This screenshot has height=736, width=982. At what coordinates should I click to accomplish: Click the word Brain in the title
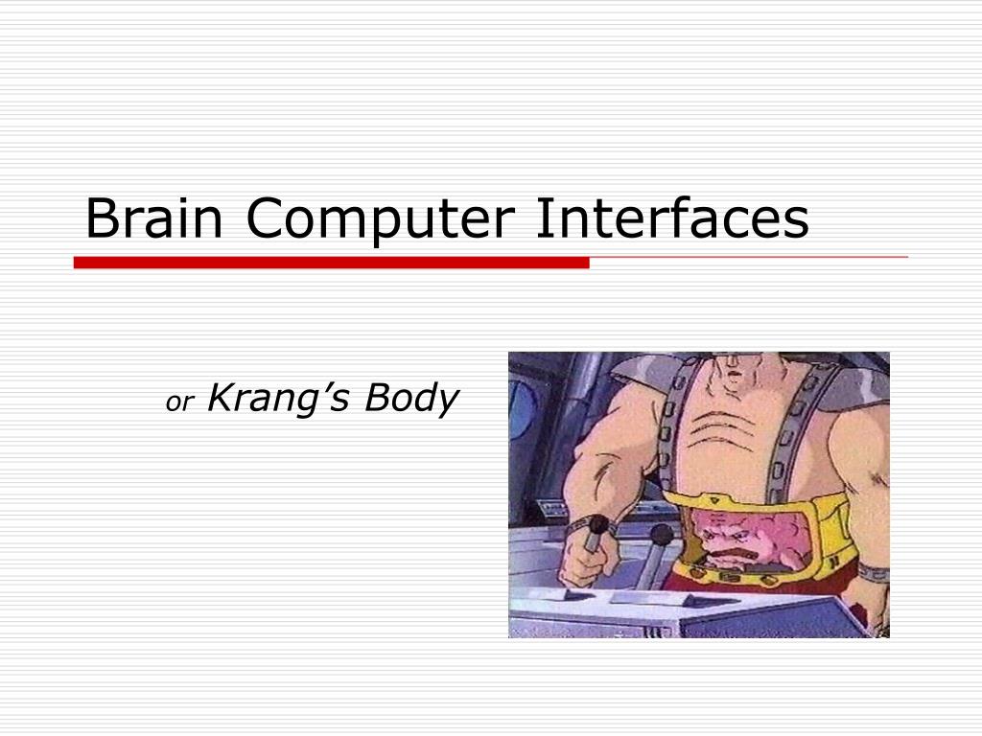click(x=153, y=219)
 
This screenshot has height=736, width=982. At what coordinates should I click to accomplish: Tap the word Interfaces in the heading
click(x=671, y=219)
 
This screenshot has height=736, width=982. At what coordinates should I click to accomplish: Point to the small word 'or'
click(x=179, y=403)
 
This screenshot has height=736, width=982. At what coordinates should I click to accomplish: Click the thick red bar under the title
click(x=331, y=263)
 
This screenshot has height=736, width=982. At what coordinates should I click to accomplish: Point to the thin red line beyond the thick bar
click(x=748, y=258)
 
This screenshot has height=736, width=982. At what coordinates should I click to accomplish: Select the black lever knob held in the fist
click(x=598, y=524)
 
